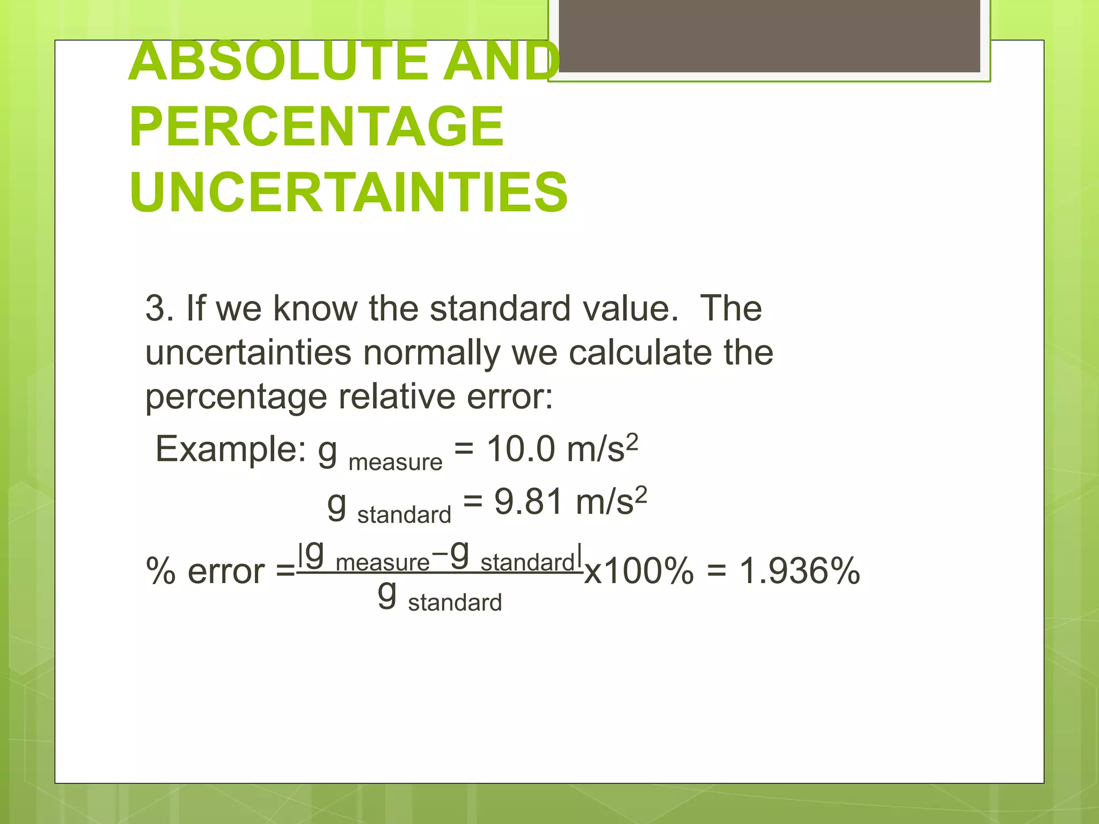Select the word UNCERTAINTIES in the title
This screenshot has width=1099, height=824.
click(x=348, y=192)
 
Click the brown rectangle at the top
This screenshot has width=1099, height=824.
click(x=769, y=36)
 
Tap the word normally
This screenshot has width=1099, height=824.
click(x=431, y=353)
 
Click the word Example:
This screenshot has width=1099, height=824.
click(x=231, y=449)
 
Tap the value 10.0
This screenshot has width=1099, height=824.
click(x=521, y=449)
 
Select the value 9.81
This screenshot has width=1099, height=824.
click(x=528, y=502)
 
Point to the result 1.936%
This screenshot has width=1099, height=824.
click(x=800, y=571)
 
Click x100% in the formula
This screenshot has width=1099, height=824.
click(x=639, y=571)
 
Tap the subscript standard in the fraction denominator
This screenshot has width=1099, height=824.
click(x=455, y=603)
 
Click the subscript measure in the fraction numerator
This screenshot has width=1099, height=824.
click(x=383, y=563)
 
